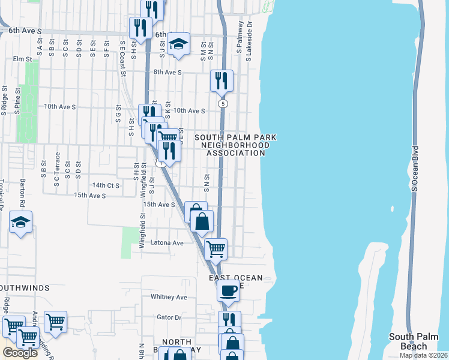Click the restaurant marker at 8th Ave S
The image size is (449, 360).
[x=221, y=80]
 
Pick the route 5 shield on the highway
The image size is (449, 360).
[x=223, y=104]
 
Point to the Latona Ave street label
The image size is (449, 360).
[x=170, y=243]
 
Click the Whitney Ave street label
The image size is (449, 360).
[x=169, y=297]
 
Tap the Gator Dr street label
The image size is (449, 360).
[x=169, y=317]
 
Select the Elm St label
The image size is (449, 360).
[x=22, y=59]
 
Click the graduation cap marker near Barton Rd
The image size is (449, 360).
[x=20, y=223]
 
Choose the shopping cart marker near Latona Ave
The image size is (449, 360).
[x=215, y=248]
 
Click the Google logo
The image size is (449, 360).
[x=19, y=352]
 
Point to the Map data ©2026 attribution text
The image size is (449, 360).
[x=423, y=355]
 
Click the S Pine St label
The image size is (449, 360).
[x=18, y=101]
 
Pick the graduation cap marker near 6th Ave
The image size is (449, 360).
[x=178, y=44]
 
